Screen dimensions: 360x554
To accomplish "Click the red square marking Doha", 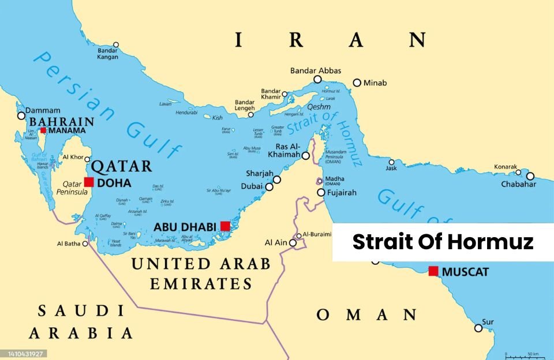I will click(x=89, y=182).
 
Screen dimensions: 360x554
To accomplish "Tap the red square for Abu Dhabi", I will click(x=226, y=226).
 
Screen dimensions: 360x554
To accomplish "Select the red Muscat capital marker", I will click(x=433, y=271).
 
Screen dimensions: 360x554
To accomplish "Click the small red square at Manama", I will click(x=43, y=130).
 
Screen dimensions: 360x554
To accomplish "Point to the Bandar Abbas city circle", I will click(x=317, y=80).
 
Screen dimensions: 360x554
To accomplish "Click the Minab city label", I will click(x=375, y=83).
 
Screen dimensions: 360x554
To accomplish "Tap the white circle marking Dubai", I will click(x=269, y=186).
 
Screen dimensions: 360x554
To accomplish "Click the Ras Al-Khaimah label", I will click(x=285, y=151).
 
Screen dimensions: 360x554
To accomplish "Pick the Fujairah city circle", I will click(x=321, y=192).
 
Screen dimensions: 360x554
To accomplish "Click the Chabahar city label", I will click(x=519, y=184).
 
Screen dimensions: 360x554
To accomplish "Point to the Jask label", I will click(x=392, y=168).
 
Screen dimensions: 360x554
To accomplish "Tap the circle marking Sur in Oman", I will click(x=478, y=328).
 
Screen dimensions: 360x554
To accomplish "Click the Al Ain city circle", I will click(x=293, y=243).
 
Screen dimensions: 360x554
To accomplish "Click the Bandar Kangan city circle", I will click(x=116, y=44).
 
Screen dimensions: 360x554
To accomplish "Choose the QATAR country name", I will click(x=122, y=166).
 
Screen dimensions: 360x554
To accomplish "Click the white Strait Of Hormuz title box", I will click(x=443, y=242).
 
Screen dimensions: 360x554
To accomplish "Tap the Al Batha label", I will click(x=68, y=243).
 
